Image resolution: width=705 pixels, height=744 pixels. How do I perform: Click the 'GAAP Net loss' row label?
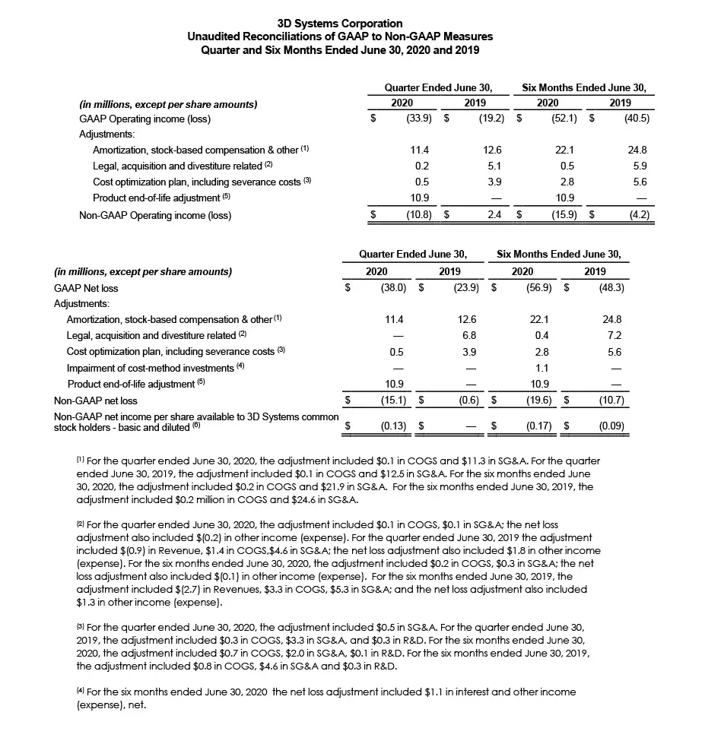[x=86, y=288]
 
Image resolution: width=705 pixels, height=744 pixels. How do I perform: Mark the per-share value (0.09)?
[x=611, y=427]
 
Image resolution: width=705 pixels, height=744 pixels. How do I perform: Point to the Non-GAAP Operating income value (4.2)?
[x=635, y=215]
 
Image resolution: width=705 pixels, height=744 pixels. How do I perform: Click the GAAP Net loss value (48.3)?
[x=610, y=288]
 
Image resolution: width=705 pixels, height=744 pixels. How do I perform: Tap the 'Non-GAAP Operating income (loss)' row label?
[x=155, y=215]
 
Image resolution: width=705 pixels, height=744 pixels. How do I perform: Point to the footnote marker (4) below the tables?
[x=80, y=692]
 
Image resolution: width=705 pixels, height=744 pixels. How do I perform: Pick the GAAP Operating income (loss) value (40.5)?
[x=635, y=119]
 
